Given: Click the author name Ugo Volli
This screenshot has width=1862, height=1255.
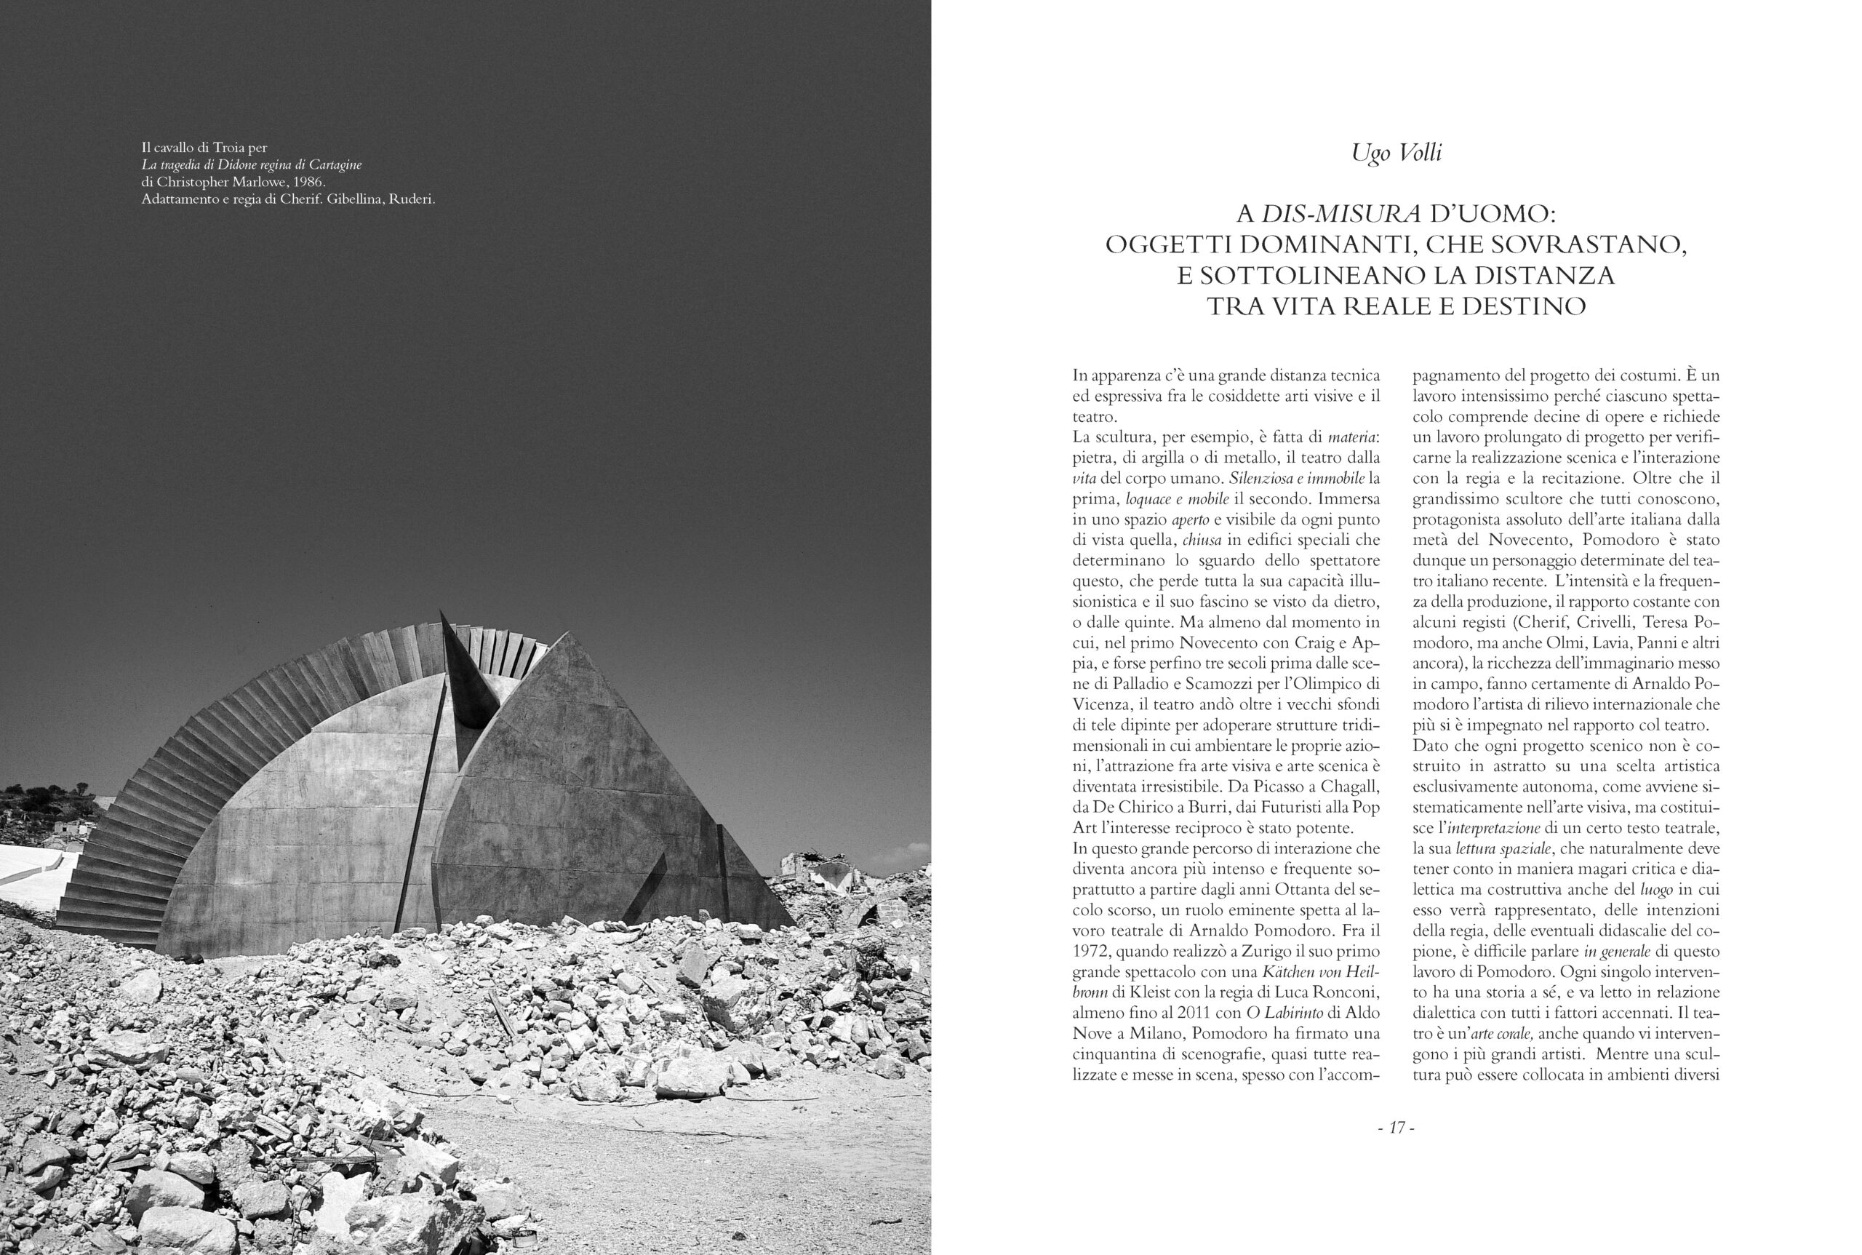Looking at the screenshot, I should pos(1396,152).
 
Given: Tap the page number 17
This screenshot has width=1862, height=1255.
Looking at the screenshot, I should pos(1396,1128).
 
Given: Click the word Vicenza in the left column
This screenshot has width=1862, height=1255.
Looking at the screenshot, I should pos(1100,704).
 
